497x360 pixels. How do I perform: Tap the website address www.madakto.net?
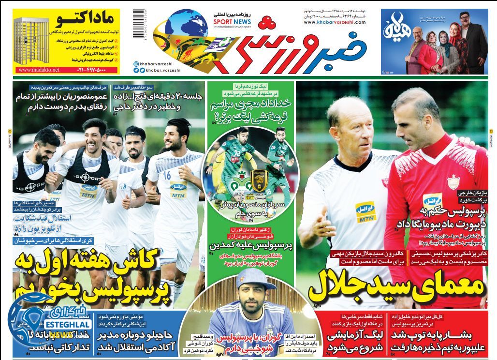tap(39, 70)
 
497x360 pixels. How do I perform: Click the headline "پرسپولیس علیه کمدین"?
tap(250, 245)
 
